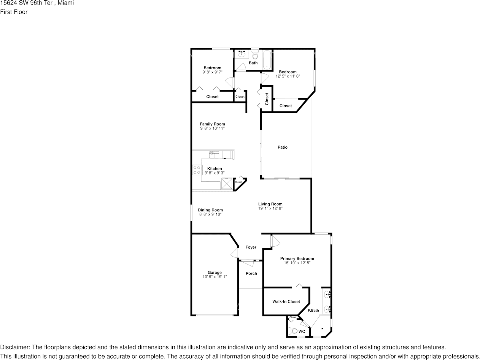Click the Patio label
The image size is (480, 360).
282,147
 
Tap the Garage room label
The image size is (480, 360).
215,273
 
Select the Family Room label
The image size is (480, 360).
212,124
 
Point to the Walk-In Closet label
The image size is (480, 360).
286,301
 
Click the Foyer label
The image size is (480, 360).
251,247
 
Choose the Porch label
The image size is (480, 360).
251,273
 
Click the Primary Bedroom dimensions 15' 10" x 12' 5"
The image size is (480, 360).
297,263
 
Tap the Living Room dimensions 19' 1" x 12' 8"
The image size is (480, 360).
270,208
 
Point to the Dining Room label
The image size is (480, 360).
210,210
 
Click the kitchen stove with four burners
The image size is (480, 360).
197,170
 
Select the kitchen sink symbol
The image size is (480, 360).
214,154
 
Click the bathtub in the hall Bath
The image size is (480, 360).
267,60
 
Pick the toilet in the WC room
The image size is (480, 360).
293,331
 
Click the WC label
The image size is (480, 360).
302,331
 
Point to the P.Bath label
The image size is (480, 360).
313,311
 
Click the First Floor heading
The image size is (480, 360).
14,12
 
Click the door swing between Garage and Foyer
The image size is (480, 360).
234,254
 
